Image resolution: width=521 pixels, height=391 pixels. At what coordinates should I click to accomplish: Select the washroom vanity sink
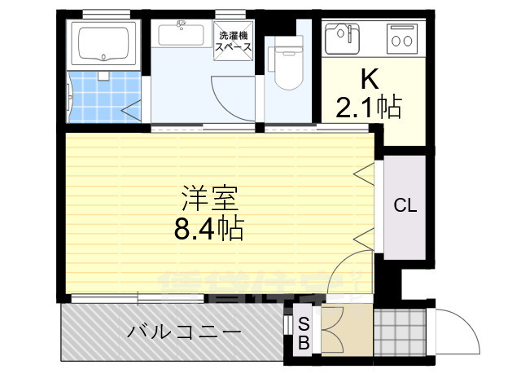pos(181,36)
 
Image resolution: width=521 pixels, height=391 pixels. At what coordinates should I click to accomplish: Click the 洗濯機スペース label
pos(233,42)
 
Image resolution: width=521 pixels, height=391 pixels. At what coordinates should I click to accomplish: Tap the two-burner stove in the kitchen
pos(401,37)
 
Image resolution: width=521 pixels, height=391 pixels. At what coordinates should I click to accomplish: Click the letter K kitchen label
pos(370,79)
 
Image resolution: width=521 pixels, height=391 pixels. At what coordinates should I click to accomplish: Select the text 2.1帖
pos(369,106)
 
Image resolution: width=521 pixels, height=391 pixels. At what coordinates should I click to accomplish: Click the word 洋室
pos(208,199)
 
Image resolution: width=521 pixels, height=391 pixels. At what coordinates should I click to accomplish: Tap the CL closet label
pos(405,205)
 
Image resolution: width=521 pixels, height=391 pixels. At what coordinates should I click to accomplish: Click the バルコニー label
pos(184,332)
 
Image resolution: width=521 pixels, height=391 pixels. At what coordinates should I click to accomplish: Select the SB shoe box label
pos(303,332)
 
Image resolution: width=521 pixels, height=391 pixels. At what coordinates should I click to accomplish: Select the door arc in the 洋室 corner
pos(354,269)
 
